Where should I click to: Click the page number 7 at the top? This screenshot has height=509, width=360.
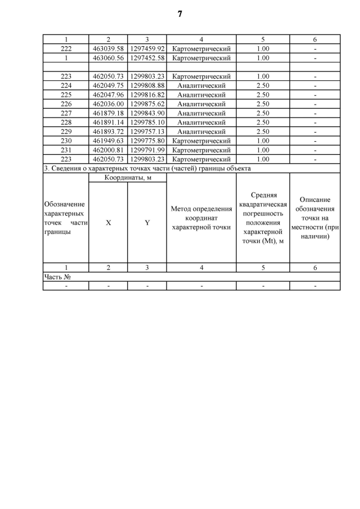180,14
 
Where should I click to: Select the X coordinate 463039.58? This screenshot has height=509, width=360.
108,49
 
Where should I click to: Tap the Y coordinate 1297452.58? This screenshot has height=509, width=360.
147,58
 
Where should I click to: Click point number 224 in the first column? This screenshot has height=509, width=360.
66,85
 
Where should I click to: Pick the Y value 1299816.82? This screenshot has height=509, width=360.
147,94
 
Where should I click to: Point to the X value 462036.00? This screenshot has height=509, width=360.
108,104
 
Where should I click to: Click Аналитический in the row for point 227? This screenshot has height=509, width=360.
201,113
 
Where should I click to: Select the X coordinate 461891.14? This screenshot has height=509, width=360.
108,122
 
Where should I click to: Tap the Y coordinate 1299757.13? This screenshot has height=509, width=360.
147,132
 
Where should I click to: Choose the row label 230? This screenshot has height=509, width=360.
66,141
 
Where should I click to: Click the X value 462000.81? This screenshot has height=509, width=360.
108,150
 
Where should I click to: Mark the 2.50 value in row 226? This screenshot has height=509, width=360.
263,104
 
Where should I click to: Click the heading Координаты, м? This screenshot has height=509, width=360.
128,178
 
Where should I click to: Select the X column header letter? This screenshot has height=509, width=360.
108,223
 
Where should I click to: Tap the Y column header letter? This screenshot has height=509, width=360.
147,223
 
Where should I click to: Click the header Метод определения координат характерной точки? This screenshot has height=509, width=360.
201,218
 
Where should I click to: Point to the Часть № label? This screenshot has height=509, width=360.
59,277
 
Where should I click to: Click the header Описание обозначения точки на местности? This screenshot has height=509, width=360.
315,218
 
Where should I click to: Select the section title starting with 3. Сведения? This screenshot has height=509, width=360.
147,168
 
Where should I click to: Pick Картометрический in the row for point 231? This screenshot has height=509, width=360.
201,150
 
